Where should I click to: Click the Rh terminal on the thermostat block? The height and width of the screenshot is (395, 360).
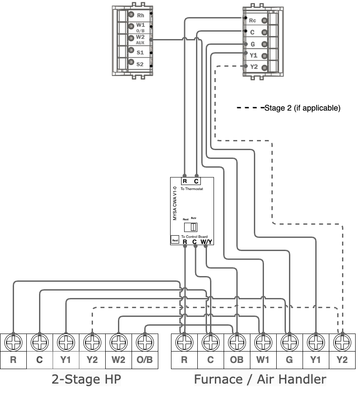(x=140, y=15)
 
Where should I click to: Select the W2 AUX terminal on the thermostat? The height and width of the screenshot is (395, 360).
(x=140, y=39)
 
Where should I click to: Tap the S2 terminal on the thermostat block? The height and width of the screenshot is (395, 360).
(x=140, y=64)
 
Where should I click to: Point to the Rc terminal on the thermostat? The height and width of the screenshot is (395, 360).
(x=253, y=21)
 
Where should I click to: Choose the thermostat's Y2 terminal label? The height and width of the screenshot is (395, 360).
(x=253, y=67)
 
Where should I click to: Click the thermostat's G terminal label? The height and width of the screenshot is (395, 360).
(x=253, y=44)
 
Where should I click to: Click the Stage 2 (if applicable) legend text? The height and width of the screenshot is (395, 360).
(x=302, y=108)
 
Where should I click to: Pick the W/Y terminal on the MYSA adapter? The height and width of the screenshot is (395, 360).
(x=207, y=241)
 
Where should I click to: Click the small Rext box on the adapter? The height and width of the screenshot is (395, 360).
(x=175, y=240)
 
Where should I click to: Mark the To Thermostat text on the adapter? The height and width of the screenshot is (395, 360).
(x=192, y=189)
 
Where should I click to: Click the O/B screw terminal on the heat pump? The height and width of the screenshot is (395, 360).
(x=145, y=341)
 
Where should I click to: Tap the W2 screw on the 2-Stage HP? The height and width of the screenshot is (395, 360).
(x=118, y=341)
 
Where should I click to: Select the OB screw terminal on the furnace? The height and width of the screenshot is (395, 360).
(x=236, y=341)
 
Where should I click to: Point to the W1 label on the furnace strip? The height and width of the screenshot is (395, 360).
(x=263, y=360)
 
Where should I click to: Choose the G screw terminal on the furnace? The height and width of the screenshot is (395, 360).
(x=289, y=341)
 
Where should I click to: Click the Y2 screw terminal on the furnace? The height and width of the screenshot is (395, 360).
(x=342, y=341)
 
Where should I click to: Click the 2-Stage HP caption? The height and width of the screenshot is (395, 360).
(x=86, y=379)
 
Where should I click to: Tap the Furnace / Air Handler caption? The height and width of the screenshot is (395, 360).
(x=260, y=379)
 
